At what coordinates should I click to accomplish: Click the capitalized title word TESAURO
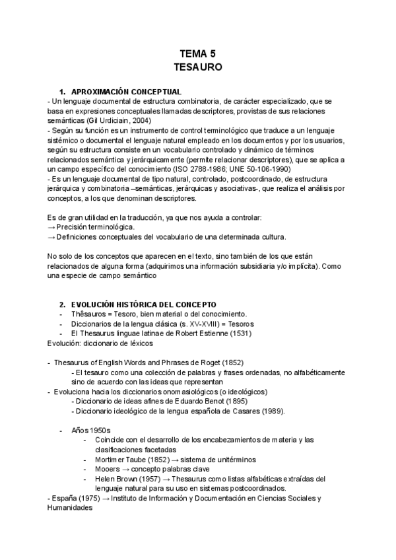click(x=197, y=67)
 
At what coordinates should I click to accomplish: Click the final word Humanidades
click(x=71, y=508)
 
